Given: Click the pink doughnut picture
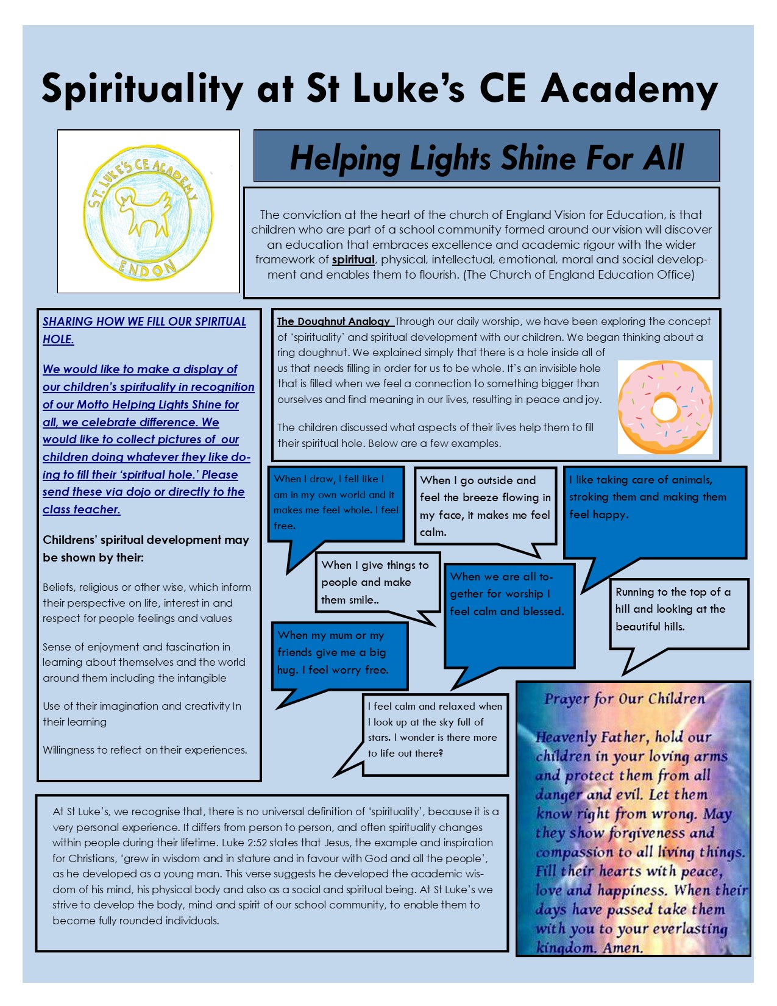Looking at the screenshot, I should click(x=665, y=407).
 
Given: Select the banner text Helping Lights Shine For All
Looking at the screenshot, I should click(x=486, y=157).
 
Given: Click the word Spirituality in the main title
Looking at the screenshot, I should click(x=143, y=88).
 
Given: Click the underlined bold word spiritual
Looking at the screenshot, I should click(x=353, y=260).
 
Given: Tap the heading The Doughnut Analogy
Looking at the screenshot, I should click(x=333, y=321).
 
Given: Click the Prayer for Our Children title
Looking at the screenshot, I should click(x=624, y=699).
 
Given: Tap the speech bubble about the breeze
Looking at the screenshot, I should click(x=485, y=506).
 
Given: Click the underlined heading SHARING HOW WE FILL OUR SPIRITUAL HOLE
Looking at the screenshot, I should click(x=144, y=330).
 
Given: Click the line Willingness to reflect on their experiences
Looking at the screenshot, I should click(x=144, y=750).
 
